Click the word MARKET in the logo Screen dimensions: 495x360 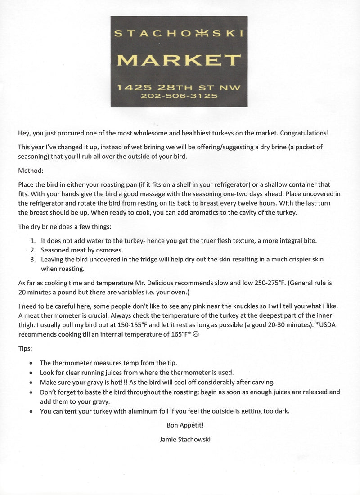click(x=179, y=60)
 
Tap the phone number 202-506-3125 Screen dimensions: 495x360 click(x=179, y=96)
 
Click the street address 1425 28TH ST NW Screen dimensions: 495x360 click(x=179, y=87)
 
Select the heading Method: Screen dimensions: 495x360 click(x=31, y=171)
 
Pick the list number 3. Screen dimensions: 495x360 click(x=33, y=259)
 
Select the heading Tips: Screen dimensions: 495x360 click(x=25, y=349)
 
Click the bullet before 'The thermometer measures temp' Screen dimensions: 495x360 click(x=31, y=363)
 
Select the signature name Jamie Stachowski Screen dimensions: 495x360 click(x=185, y=439)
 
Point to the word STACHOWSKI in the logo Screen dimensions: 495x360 click(x=179, y=33)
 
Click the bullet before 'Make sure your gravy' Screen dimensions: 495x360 click(x=31, y=382)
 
